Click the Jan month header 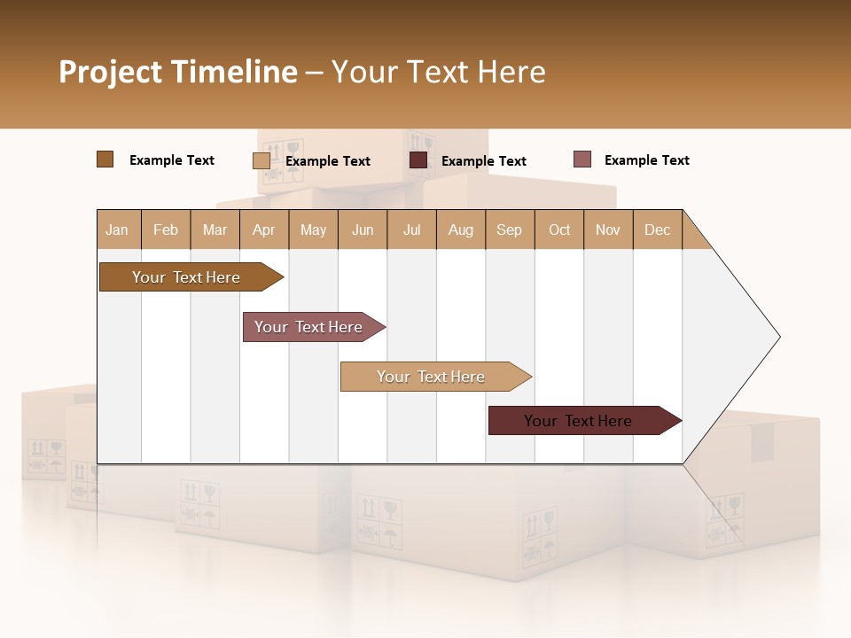point(118,230)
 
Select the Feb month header point(166,230)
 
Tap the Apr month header point(263,230)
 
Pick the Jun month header point(363,230)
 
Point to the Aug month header point(460,230)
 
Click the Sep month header point(510,230)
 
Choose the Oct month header point(559,230)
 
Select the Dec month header point(657,230)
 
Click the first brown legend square point(105,159)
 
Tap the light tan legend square point(261,160)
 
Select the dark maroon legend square point(418,160)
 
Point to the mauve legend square point(582,159)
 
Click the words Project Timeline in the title point(178,72)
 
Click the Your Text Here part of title point(438,72)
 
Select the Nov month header point(608,230)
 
